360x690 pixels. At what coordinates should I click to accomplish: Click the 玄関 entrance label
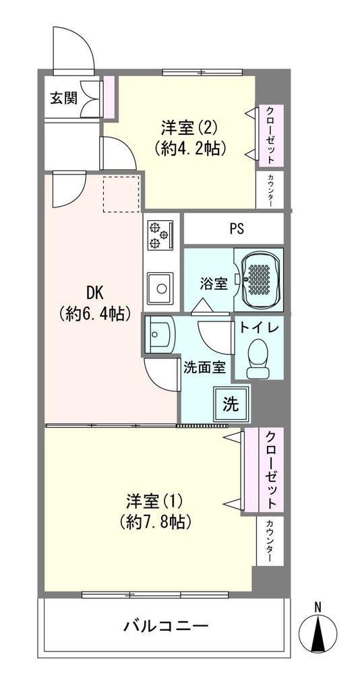[x=63, y=98]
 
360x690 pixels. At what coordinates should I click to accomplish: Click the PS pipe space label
[x=237, y=229]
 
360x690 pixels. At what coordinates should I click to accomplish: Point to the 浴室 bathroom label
[x=214, y=284]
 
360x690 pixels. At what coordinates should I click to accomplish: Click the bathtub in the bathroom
[x=258, y=279]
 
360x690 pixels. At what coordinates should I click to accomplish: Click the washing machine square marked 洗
[x=230, y=404]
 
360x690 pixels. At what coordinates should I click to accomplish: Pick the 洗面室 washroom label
[x=205, y=367]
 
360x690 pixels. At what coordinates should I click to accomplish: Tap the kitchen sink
[x=160, y=288]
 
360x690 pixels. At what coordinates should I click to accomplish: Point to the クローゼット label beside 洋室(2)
[x=270, y=135]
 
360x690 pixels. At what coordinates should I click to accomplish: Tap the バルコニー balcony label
[x=165, y=626]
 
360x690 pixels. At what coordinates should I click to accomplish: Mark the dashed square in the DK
[x=121, y=193]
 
